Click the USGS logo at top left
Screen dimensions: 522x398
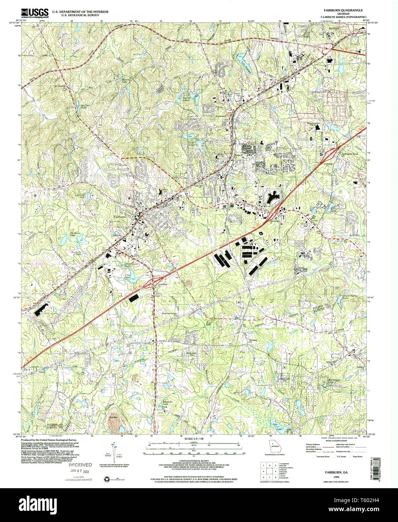click(35, 14)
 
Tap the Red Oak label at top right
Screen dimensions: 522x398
click(333, 29)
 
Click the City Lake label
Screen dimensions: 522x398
click(129, 276)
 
